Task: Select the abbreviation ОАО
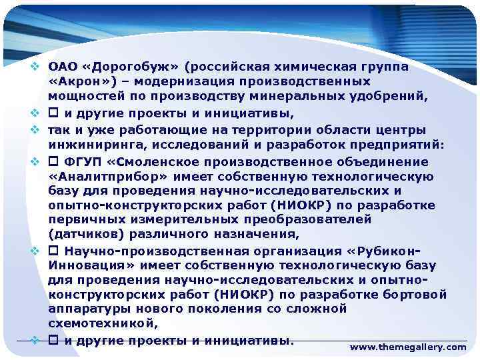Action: (62, 67)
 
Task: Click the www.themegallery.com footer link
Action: (408, 347)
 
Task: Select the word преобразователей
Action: (313, 219)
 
